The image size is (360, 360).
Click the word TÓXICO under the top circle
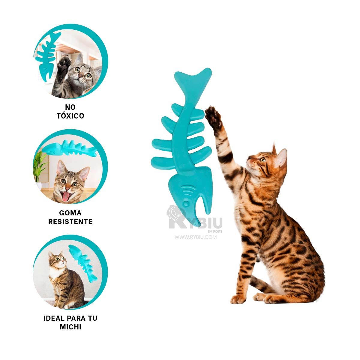(70, 115)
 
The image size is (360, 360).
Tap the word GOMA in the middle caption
(70, 213)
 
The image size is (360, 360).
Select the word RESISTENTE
(70, 222)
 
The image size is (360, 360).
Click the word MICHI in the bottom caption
(70, 327)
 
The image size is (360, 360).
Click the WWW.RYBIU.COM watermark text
(196, 237)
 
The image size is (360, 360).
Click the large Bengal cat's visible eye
(263, 160)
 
